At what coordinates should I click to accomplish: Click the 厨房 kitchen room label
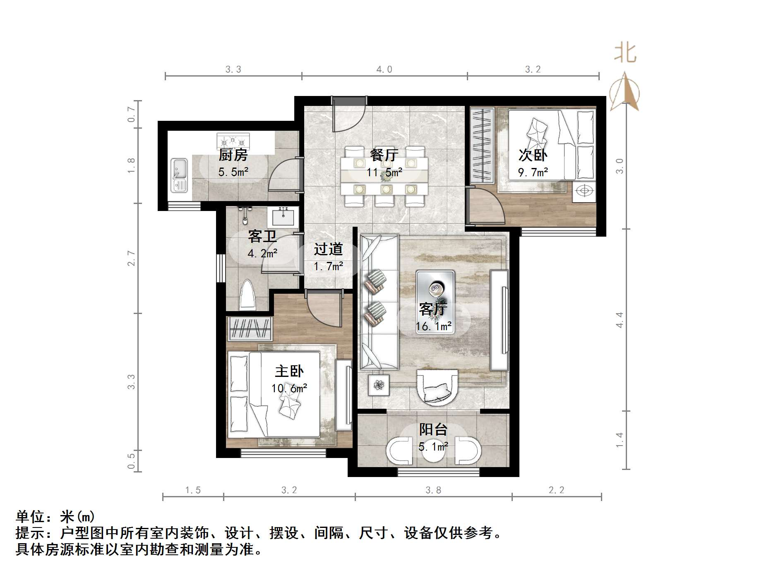[x=233, y=155]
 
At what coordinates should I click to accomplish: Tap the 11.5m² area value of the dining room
[x=384, y=173]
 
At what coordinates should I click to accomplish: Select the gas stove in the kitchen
[x=233, y=141]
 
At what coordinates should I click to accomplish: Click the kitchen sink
[x=179, y=175]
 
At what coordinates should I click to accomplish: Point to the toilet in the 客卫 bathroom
[x=248, y=296]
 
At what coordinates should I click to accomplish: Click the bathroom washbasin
[x=283, y=216]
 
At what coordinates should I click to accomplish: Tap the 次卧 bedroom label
[x=533, y=155]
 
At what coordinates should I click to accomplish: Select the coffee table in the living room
[x=435, y=290]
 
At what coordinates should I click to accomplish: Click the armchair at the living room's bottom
[x=437, y=387]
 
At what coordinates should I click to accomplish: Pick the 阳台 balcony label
[x=433, y=429]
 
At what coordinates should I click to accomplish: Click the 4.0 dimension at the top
[x=384, y=70]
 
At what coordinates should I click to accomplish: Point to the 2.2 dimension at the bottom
[x=556, y=490]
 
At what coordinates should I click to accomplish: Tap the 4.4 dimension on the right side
[x=620, y=320]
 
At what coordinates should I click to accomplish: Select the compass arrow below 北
[x=625, y=92]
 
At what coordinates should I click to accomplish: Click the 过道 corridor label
[x=328, y=249]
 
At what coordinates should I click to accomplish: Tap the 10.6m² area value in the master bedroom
[x=289, y=388]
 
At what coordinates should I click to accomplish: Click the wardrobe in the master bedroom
[x=250, y=329]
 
